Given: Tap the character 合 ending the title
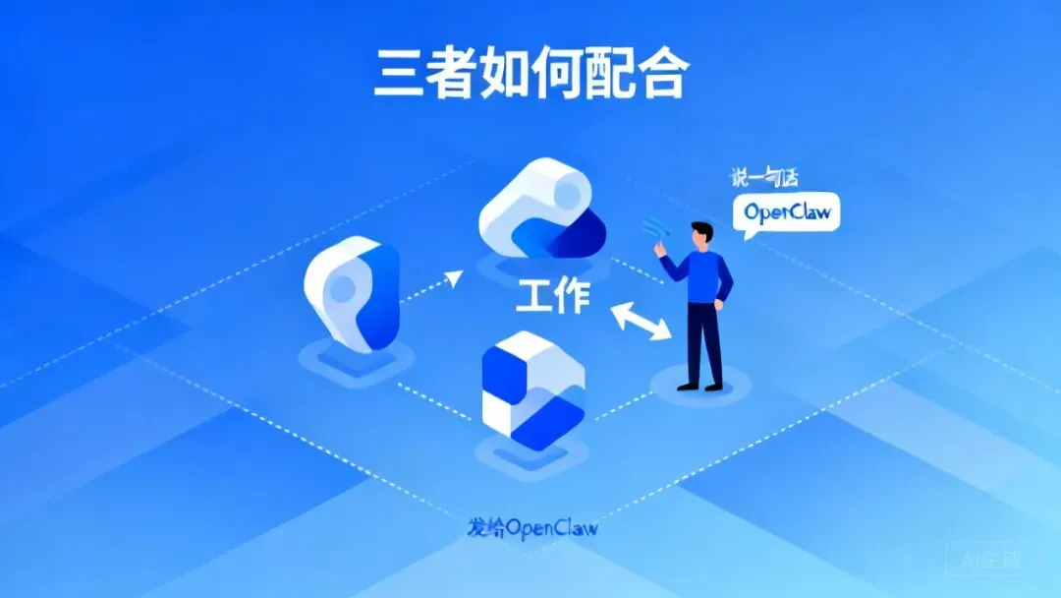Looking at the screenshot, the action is click(657, 74).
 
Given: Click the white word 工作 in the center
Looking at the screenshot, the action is click(553, 294).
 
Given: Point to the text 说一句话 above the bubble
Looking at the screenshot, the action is click(762, 177).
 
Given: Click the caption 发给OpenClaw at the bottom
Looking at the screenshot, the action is click(532, 526).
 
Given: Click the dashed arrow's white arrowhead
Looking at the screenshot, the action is click(454, 278).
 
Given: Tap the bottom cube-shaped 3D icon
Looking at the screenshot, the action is click(532, 390).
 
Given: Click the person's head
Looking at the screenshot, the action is click(701, 234).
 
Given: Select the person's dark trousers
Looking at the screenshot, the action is click(703, 344).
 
